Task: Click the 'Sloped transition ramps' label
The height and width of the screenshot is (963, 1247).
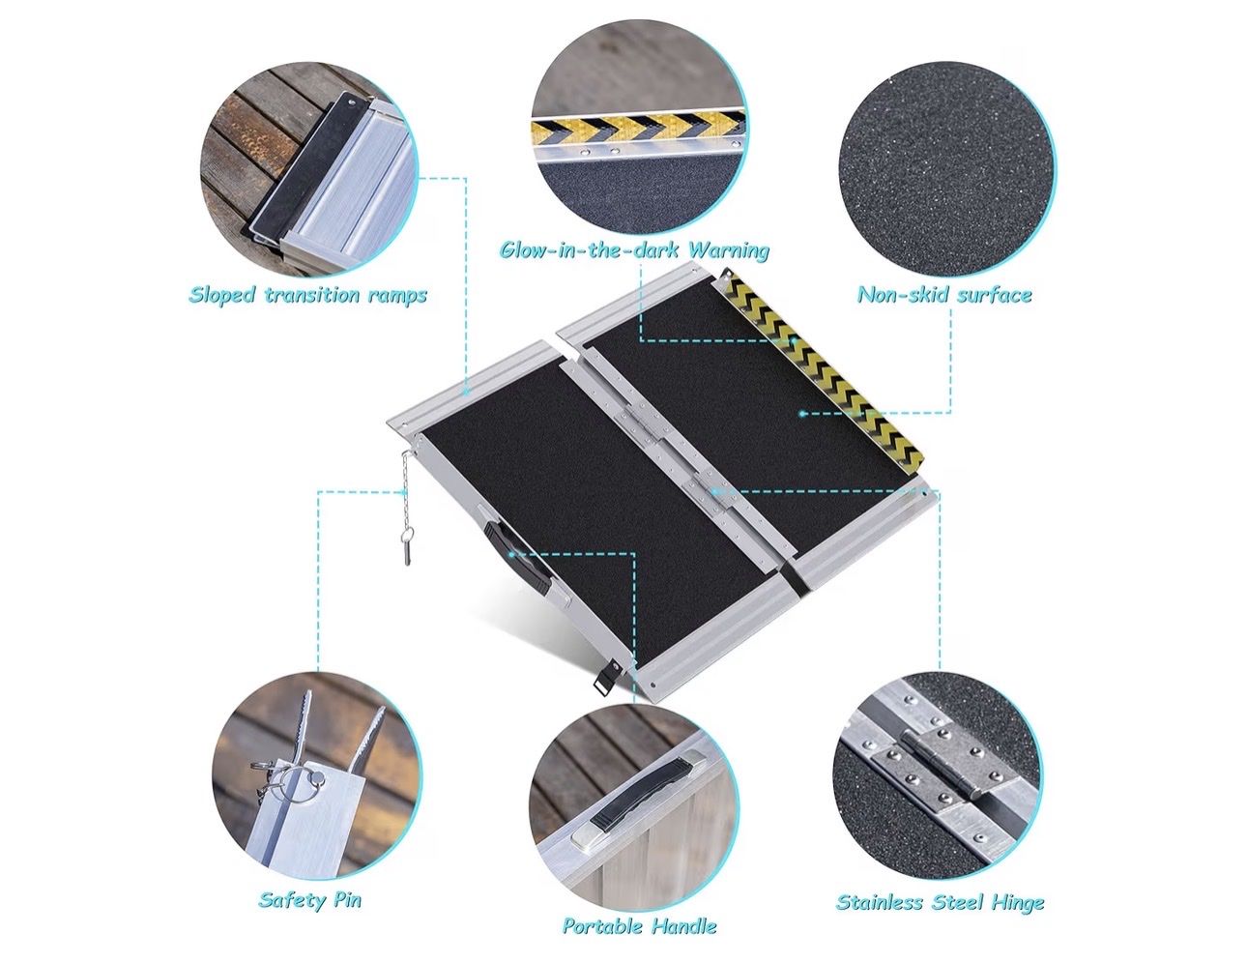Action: point(308,295)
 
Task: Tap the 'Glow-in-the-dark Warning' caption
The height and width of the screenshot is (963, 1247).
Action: point(634,250)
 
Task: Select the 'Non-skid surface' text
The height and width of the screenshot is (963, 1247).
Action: point(944,295)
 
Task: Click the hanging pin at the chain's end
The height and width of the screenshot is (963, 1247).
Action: point(407,553)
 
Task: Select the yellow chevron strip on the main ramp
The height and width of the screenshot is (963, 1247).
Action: point(822,378)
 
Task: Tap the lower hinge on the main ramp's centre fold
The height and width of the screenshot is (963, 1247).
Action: point(711,492)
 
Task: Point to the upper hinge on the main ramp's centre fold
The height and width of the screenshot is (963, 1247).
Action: point(636,427)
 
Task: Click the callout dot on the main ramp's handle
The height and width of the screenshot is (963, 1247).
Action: point(509,554)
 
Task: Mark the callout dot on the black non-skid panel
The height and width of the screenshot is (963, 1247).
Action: point(801,413)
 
